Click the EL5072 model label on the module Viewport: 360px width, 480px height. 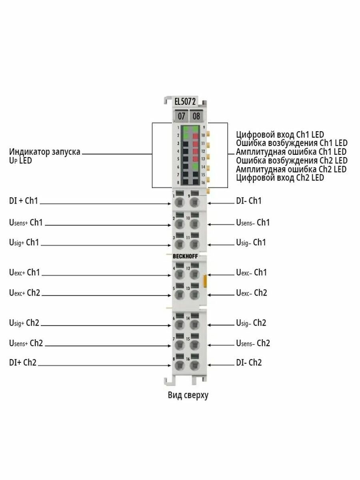pos(185,102)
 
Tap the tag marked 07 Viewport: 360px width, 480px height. pos(181,116)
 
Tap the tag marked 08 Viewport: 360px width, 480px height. pos(196,116)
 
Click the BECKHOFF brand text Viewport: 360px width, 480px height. pos(185,256)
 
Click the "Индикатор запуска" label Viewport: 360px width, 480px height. pos(44,152)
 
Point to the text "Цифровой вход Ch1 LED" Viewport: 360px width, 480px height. pos(280,134)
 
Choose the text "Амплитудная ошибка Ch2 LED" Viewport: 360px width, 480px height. pos(291,169)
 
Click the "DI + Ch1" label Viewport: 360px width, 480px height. pos(24,200)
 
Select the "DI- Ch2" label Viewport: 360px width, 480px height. pos(249,362)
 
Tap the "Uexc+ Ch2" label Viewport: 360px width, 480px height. pos(25,292)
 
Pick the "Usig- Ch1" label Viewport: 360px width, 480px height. pos(251,242)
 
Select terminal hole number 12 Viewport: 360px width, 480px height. pos(194,274)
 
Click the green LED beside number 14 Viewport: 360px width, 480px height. pos(196,167)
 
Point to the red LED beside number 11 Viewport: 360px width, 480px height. pos(196,144)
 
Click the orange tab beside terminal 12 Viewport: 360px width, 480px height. pos(205,281)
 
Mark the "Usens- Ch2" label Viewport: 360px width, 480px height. pos(253,343)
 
